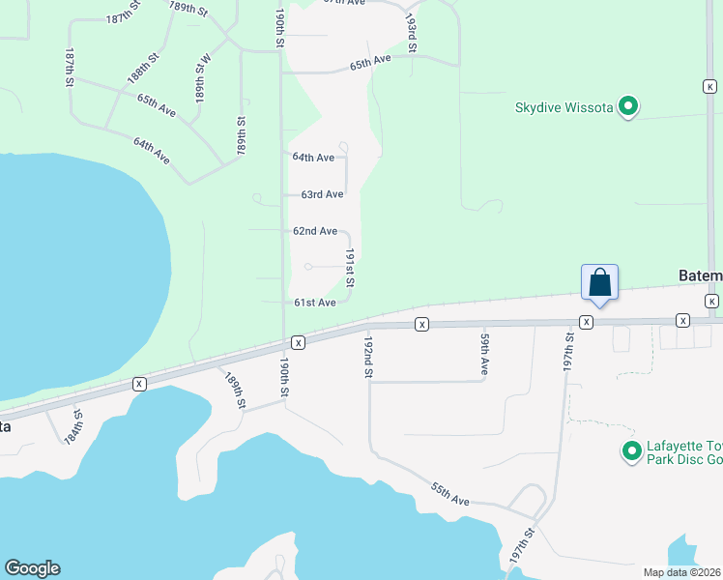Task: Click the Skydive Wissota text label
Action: (564, 106)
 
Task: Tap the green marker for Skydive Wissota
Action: (628, 106)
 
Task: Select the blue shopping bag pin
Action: (599, 282)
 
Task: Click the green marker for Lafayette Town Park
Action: (632, 451)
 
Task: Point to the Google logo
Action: (32, 568)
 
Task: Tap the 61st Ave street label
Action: (314, 303)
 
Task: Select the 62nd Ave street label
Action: (314, 231)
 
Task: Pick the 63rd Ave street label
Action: (322, 194)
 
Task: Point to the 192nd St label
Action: (368, 358)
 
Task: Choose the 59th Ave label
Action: (484, 355)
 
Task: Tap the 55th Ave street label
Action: (450, 496)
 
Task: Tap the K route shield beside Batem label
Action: (711, 302)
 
